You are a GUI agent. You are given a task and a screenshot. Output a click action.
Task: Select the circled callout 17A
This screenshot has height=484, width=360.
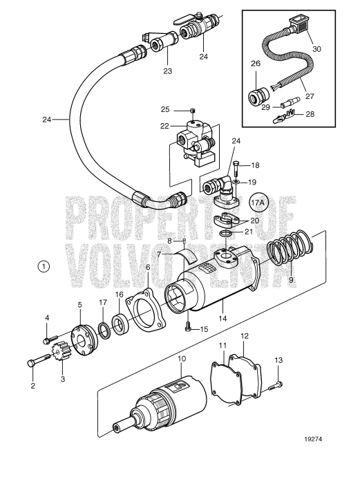tap(258, 203)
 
